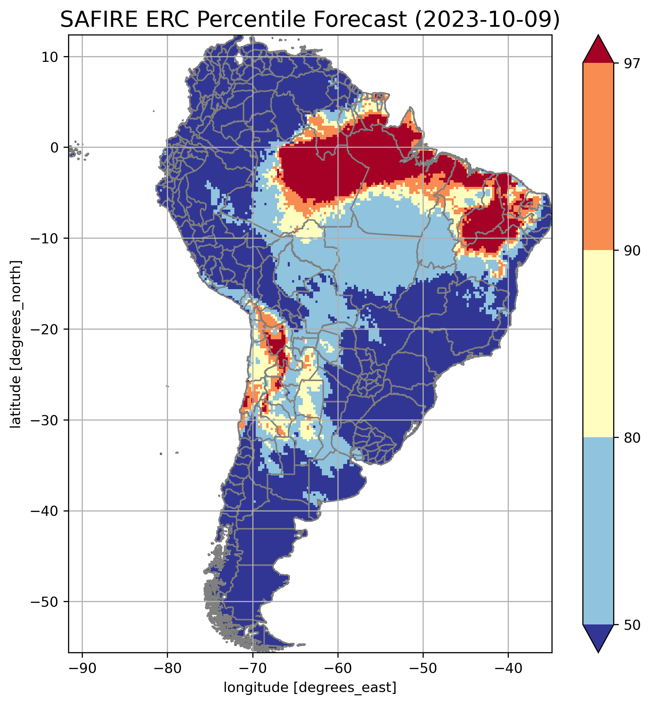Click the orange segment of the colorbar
coord(598,157)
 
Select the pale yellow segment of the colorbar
coord(598,344)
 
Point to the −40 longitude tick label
coord(508,669)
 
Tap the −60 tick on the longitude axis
coord(338,669)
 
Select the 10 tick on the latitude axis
coord(50,57)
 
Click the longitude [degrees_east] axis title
coord(310,687)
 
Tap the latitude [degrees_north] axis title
coord(16,344)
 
